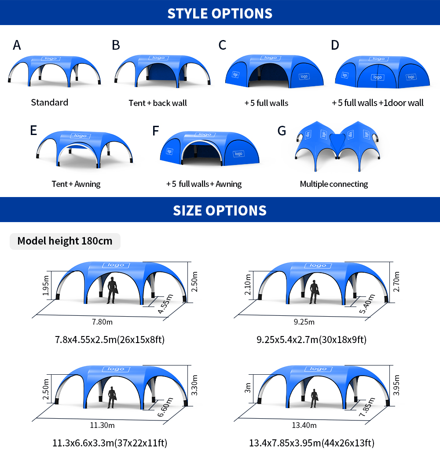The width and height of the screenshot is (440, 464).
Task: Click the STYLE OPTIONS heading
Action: [x=220, y=14]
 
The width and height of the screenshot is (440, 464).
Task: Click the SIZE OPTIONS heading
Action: [x=220, y=210]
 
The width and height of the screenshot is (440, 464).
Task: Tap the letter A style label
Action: [x=17, y=45]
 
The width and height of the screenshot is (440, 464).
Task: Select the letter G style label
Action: [x=282, y=131]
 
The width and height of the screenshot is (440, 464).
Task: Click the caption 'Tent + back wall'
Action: [x=158, y=103]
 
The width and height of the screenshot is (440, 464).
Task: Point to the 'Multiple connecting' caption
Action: [x=334, y=184]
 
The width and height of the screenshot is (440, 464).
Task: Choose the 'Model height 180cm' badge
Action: [x=65, y=241]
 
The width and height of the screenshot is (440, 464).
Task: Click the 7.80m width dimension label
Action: [x=102, y=322]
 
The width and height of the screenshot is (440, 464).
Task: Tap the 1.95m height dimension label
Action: [x=46, y=285]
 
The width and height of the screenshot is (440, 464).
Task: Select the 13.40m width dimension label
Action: [x=304, y=425]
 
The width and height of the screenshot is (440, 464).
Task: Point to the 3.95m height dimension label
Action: [x=396, y=385]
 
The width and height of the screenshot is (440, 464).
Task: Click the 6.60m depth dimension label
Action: [x=165, y=407]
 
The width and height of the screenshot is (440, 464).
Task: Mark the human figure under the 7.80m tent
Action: [x=112, y=290]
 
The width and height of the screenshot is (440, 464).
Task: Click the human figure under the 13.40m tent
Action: [x=314, y=399]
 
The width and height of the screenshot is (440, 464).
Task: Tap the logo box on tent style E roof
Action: [x=80, y=136]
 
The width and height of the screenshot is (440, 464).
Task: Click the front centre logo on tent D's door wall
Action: [x=378, y=77]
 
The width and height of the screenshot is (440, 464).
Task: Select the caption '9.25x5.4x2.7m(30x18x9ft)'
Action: [x=312, y=340]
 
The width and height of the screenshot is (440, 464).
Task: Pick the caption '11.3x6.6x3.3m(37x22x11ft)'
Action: [x=110, y=443]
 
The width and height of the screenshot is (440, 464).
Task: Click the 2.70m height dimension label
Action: [x=396, y=282]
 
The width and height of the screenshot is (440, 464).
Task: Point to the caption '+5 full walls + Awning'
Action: [x=204, y=184]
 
